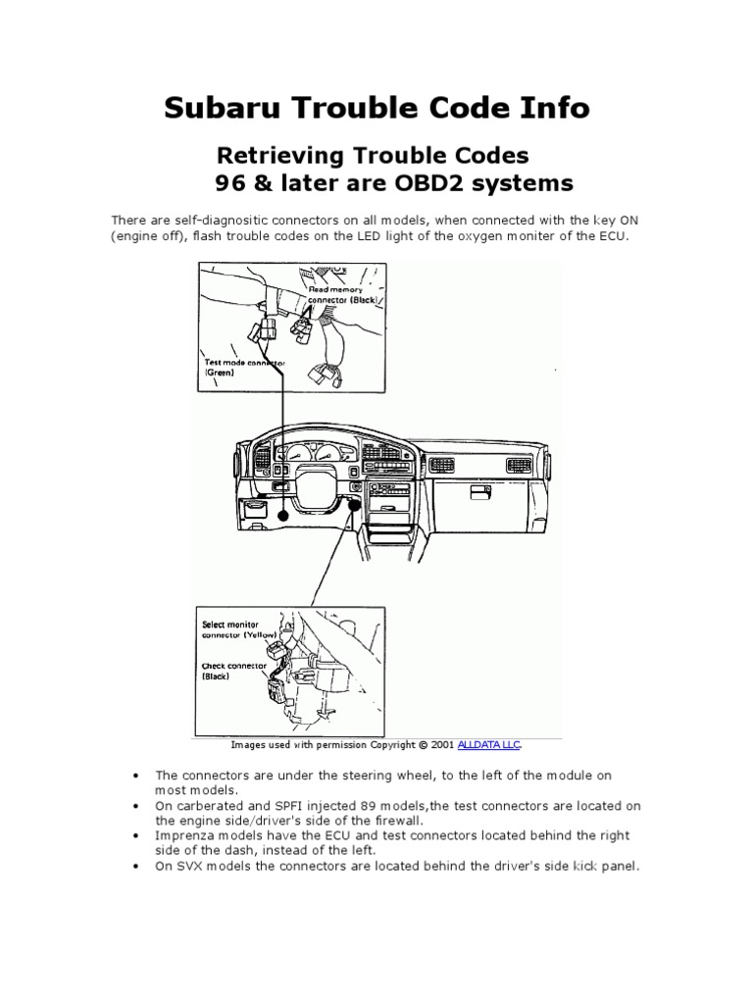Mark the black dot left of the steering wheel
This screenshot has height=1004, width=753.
coord(282,514)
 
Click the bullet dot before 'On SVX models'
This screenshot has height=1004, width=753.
coord(132,866)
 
